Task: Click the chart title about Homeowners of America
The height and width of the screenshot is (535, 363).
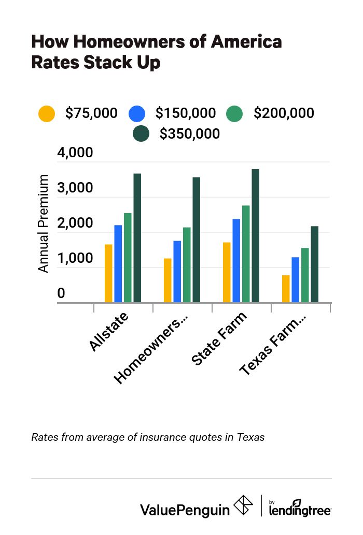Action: click(156, 52)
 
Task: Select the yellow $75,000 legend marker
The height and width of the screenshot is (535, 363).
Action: click(47, 113)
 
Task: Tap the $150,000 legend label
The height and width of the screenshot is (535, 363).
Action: click(186, 113)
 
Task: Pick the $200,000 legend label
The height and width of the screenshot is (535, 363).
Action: click(284, 113)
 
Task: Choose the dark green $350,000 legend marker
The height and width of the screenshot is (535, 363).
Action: click(141, 133)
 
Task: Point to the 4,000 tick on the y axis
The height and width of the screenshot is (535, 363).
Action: click(75, 154)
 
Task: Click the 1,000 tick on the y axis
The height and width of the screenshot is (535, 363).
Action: click(75, 259)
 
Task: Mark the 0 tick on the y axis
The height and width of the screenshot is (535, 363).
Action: click(61, 294)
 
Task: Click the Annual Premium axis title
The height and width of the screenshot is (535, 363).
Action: click(44, 224)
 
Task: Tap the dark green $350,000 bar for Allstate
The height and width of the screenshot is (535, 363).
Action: click(137, 238)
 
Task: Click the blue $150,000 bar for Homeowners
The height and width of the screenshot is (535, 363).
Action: click(177, 272)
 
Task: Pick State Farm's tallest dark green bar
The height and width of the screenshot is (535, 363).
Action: click(256, 236)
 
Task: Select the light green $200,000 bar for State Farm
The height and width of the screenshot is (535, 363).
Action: click(246, 254)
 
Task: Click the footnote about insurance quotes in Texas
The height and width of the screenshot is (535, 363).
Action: click(148, 437)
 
